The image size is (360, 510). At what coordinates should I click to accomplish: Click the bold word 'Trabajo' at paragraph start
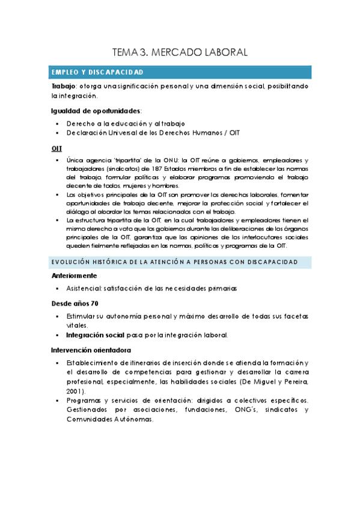[64, 87]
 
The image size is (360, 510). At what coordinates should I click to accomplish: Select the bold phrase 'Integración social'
[96, 335]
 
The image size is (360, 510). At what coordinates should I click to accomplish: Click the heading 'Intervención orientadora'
[91, 349]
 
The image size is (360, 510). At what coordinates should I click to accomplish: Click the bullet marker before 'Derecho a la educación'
[56, 124]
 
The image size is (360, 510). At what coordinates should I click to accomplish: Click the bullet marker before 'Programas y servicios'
[56, 400]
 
